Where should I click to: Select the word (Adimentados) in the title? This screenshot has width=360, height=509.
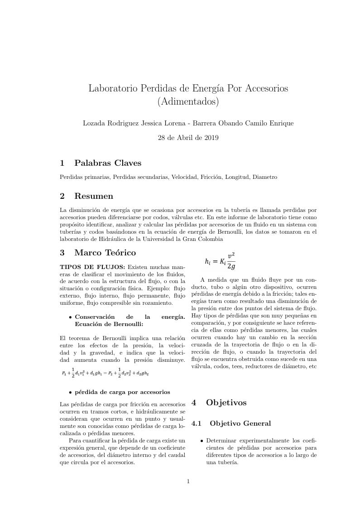(x=188, y=101)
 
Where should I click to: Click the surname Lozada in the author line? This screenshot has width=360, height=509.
(x=94, y=123)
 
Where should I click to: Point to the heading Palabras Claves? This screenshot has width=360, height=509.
(x=108, y=163)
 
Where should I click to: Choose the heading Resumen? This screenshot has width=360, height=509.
(x=94, y=196)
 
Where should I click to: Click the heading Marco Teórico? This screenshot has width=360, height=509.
(x=105, y=253)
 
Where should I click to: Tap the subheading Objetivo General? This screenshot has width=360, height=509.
(x=240, y=423)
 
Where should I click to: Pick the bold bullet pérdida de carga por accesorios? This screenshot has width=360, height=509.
(x=122, y=392)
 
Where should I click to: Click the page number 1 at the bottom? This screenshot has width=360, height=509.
(x=188, y=481)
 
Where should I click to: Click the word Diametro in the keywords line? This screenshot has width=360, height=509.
(x=264, y=177)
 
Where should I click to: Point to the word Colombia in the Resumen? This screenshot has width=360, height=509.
(x=207, y=239)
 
